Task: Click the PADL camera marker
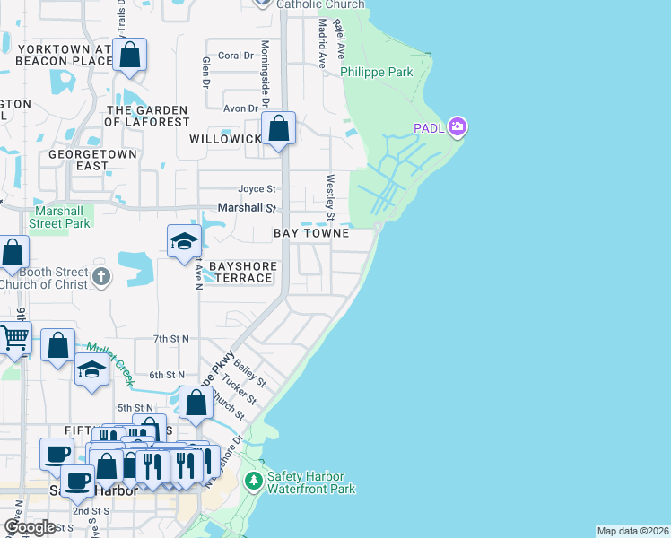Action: click(x=457, y=127)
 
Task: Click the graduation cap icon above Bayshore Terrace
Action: click(x=184, y=241)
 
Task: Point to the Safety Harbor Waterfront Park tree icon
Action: click(x=254, y=482)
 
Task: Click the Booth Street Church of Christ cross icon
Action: click(x=101, y=277)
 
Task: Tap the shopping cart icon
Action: click(x=14, y=339)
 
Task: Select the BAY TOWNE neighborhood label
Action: click(x=310, y=233)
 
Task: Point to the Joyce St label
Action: click(x=257, y=189)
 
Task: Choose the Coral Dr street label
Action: click(x=236, y=56)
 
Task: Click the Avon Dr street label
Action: click(x=240, y=108)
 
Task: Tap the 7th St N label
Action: click(x=170, y=339)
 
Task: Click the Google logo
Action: click(x=29, y=526)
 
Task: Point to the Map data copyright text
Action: click(x=632, y=531)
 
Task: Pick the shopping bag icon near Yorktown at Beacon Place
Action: click(x=130, y=56)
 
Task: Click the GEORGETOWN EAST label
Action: click(x=93, y=161)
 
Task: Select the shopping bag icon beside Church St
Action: click(x=196, y=404)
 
